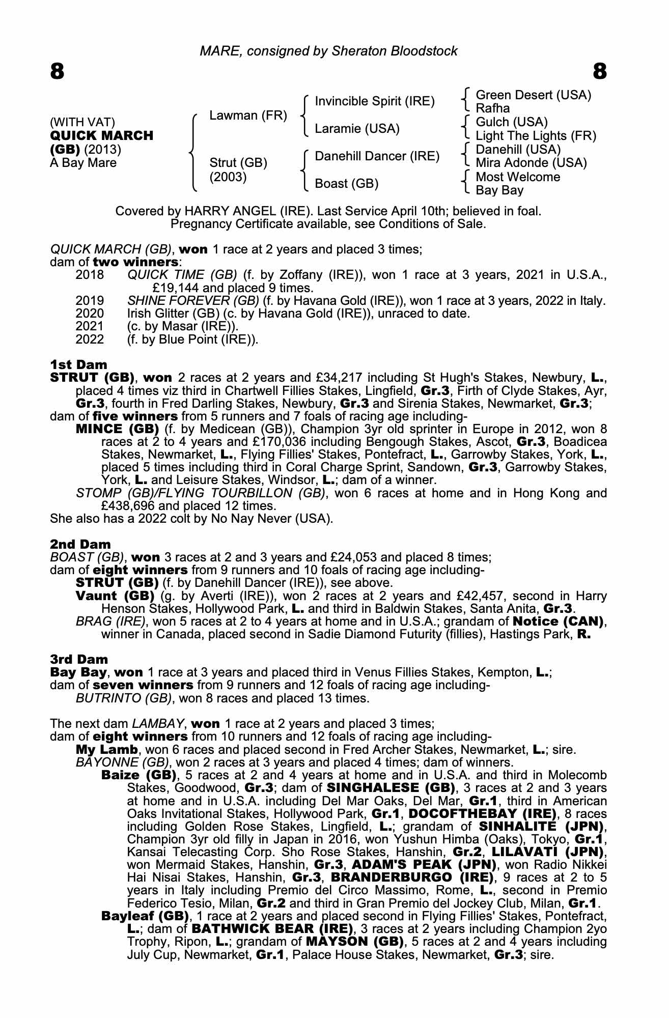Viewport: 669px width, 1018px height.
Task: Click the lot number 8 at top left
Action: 57,72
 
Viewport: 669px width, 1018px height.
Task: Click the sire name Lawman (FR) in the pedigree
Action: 248,116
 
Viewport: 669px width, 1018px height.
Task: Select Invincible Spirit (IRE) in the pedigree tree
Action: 375,101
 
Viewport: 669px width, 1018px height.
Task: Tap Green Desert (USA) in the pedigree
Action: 533,95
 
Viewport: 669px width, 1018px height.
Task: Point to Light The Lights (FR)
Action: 536,136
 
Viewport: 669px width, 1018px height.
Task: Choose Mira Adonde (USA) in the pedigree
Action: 531,163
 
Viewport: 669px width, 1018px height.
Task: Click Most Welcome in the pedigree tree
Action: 517,177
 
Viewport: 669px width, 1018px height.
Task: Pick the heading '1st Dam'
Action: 78,364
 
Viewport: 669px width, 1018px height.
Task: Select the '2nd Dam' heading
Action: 80,544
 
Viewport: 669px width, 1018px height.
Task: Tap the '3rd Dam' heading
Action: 79,659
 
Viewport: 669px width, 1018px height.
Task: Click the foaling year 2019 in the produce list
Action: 90,301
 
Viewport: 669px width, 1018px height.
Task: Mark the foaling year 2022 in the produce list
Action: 90,339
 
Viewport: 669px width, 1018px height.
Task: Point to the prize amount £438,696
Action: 129,506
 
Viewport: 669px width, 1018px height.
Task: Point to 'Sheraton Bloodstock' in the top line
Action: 394,51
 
